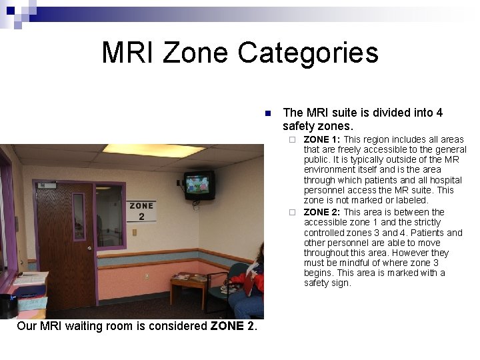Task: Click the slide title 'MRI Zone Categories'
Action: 239,53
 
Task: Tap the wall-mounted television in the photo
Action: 199,184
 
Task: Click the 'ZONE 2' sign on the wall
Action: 141,211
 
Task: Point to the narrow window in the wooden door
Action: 79,217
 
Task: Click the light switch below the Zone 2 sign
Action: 135,233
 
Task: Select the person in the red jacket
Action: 253,280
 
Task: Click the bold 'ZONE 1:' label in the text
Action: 322,139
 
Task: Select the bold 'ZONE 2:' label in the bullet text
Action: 322,212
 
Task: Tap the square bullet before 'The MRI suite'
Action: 267,113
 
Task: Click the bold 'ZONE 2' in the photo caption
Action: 233,326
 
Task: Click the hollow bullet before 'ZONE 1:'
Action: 291,140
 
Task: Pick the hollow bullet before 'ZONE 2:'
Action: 291,213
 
